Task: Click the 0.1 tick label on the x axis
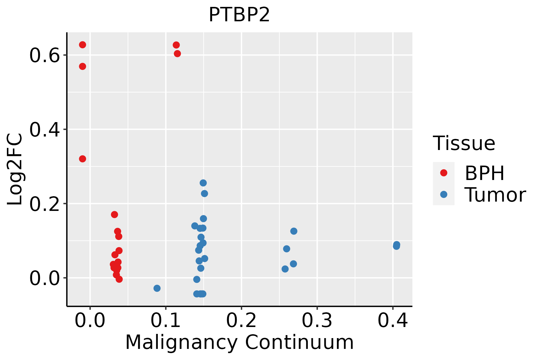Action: pos(165,320)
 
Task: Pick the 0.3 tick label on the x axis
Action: pos(317,320)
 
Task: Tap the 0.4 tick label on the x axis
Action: pos(392,320)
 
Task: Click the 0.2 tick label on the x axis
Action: pos(241,320)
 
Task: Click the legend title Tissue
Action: pos(464,143)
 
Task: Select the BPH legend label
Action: pos(484,173)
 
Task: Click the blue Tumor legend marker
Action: pos(443,194)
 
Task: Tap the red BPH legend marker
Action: pos(443,173)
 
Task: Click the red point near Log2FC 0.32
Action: pos(82,159)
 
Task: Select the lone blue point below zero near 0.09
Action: pos(157,288)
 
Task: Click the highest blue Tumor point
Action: pos(203,183)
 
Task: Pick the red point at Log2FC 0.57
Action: pos(82,66)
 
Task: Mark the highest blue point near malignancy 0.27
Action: pos(294,231)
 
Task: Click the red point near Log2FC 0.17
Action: pos(114,214)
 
